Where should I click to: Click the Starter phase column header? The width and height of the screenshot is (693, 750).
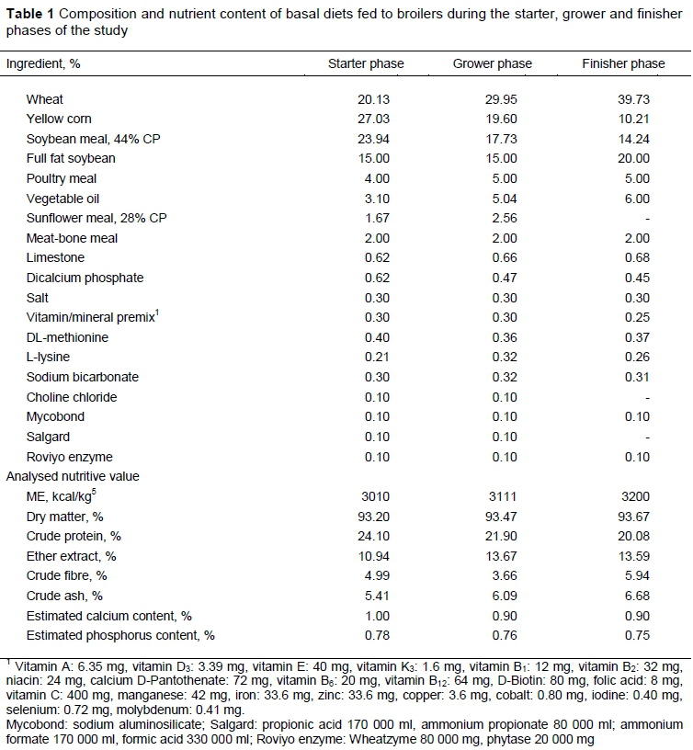366,64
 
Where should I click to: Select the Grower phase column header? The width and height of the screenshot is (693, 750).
492,64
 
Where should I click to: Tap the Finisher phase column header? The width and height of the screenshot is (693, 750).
623,64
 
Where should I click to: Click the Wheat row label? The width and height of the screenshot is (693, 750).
45,99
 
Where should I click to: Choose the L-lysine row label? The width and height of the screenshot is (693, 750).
48,358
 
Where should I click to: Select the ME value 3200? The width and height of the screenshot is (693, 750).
633,497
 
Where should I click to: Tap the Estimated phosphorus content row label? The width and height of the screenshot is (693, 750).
120,636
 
